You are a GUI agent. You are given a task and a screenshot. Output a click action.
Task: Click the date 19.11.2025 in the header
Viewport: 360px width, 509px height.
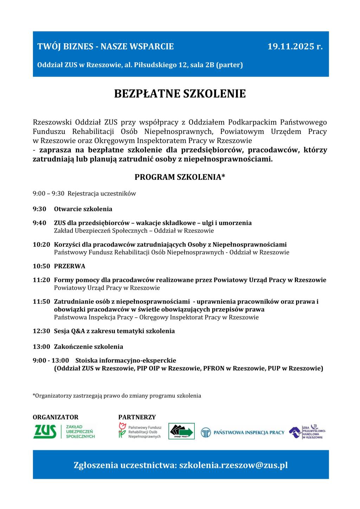pos(295,46)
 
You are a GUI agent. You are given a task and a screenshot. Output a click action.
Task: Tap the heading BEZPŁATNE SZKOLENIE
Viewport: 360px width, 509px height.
pos(180,94)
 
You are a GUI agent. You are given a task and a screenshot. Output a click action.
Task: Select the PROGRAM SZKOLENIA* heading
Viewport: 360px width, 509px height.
pos(180,177)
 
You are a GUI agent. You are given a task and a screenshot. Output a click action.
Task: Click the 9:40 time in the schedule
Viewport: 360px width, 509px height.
pos(39,223)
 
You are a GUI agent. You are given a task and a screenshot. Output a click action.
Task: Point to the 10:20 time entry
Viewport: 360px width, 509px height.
pos(41,245)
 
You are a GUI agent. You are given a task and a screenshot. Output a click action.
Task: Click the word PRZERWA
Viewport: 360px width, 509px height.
pos(70,266)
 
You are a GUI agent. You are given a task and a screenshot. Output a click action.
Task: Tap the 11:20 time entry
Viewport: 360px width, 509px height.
pos(41,280)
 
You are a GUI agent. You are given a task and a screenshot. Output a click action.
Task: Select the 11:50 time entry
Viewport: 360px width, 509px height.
pos(41,302)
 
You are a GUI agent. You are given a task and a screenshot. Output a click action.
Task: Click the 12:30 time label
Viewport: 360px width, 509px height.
pos(41,331)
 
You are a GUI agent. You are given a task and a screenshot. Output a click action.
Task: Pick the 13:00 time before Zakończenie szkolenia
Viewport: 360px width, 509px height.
pos(41,347)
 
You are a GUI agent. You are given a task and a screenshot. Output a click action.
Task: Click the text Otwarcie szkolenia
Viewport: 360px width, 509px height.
pos(83,209)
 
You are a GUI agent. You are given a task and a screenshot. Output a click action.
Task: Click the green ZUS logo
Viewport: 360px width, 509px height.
pos(45,431)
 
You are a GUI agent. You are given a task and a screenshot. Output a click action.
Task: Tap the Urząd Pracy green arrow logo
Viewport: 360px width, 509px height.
pos(181,431)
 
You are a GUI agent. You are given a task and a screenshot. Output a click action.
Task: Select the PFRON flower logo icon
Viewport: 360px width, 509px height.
pos(122,430)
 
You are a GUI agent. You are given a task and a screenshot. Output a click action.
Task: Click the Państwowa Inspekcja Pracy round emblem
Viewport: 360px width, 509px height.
pos(206,432)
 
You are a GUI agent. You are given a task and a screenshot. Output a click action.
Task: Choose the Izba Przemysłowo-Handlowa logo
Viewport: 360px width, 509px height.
pos(307,432)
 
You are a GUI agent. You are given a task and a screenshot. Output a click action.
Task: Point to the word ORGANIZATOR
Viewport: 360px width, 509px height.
pos(56,417)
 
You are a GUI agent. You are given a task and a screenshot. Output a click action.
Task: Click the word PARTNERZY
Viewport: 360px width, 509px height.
pos(137,417)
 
